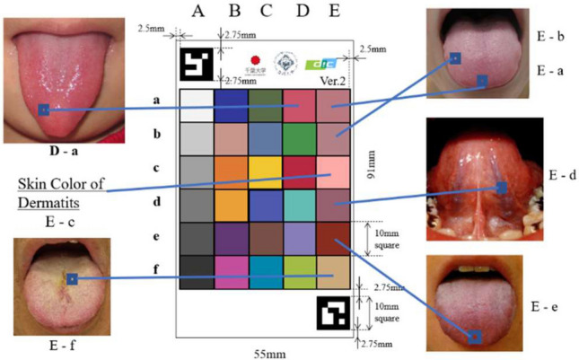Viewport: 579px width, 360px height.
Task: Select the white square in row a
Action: (x=197, y=105)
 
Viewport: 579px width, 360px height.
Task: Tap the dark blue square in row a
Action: (x=231, y=105)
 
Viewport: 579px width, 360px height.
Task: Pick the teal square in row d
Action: (x=299, y=205)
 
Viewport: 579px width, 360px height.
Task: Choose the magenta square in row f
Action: (x=231, y=271)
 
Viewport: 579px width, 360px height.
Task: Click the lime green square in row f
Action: (x=299, y=271)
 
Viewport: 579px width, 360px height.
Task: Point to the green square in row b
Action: (x=299, y=138)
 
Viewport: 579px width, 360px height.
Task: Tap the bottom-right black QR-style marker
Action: (x=333, y=313)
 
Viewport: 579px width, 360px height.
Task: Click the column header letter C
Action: (x=265, y=12)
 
